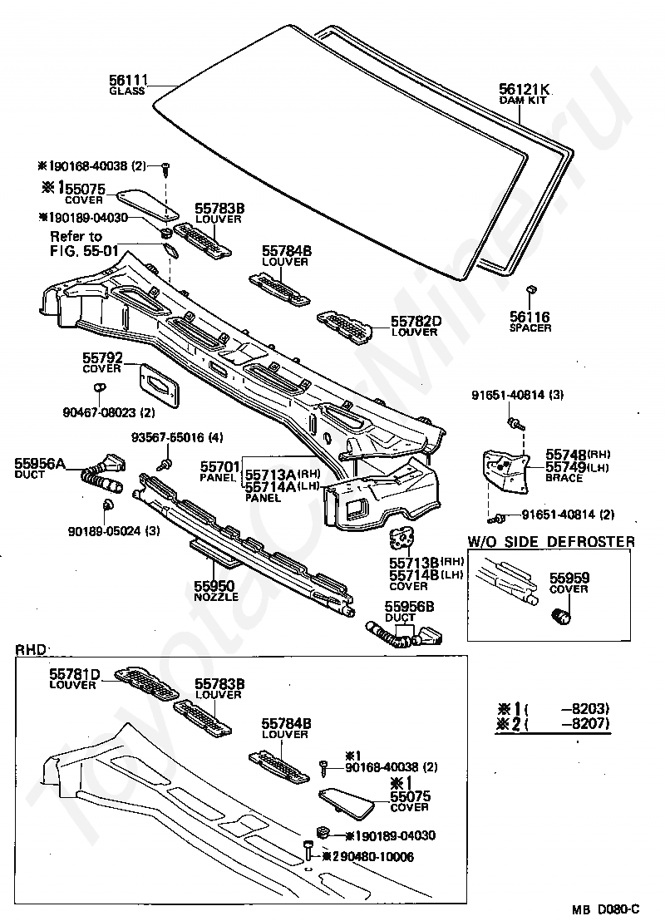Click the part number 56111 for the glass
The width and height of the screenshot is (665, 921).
pyautogui.click(x=128, y=81)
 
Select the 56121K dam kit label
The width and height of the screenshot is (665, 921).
pyautogui.click(x=525, y=89)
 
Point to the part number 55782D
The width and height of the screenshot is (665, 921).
pyautogui.click(x=414, y=321)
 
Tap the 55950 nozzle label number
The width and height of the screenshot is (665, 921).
pyautogui.click(x=215, y=586)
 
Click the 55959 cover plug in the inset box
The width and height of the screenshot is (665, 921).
pyautogui.click(x=563, y=616)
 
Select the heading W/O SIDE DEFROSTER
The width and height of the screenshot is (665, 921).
pyautogui.click(x=550, y=542)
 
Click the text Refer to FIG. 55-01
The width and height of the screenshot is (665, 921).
pyautogui.click(x=76, y=243)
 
